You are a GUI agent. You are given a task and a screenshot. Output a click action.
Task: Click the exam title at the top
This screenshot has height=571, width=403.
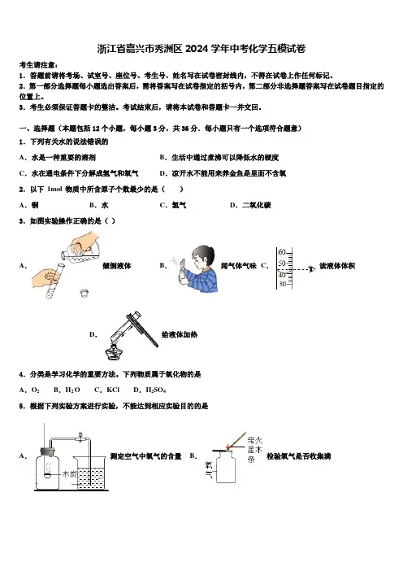coord(201,49)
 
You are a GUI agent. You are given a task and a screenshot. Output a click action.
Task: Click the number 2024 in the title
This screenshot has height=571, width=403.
coord(197,49)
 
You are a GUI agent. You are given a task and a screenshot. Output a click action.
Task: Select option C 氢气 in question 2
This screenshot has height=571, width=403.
coord(173,205)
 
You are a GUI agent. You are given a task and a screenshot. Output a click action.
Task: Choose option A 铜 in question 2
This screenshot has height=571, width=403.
coord(28,205)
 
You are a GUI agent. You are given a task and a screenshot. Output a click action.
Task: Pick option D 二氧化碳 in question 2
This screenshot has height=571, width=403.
coord(250,205)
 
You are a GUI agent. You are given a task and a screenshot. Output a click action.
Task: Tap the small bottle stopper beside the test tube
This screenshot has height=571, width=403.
coord(84,293)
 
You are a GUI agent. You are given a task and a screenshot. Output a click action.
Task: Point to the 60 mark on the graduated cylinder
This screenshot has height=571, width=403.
coord(282,252)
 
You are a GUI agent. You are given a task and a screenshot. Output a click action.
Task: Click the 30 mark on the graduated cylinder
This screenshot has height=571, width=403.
coord(282,284)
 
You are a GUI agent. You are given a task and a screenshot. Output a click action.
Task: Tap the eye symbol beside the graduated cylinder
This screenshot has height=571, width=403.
coord(311,269)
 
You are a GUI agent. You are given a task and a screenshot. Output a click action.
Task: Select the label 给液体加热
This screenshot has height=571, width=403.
coord(180,334)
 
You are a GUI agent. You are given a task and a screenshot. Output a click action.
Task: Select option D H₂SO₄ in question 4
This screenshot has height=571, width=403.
coord(149,390)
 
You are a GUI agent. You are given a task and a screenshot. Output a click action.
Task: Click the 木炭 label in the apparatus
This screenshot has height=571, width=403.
coord(70,474)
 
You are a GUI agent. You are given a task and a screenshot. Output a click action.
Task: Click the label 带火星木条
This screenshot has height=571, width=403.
coord(254,449)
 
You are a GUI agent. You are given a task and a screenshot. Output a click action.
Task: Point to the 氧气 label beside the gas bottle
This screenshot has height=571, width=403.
coord(209,470)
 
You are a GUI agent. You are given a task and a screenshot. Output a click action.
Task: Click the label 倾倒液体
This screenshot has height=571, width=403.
coord(117,266)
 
